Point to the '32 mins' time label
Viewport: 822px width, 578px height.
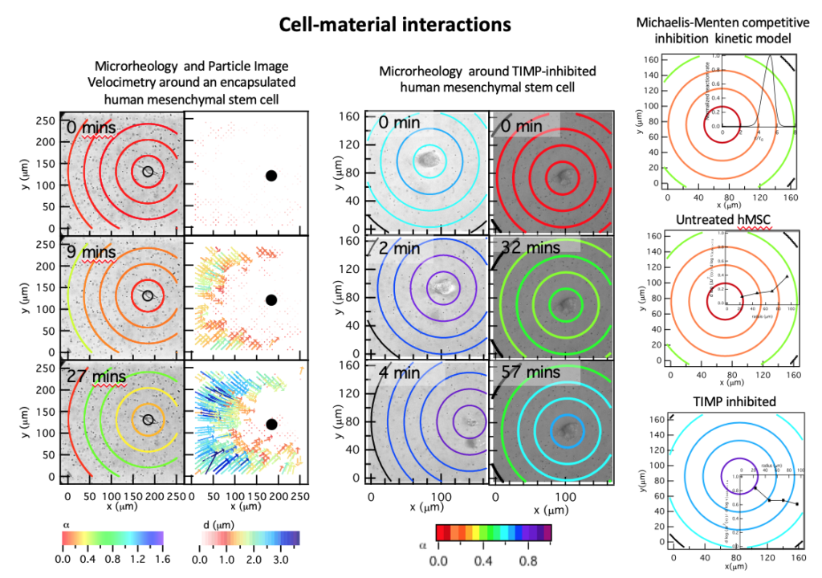pyautogui.click(x=531, y=250)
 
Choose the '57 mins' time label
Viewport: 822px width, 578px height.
pyautogui.click(x=531, y=372)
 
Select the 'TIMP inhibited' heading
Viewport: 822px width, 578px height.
pyautogui.click(x=721, y=401)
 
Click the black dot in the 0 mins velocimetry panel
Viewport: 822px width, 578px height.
pyautogui.click(x=271, y=176)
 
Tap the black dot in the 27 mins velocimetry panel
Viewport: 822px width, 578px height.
pyautogui.click(x=271, y=424)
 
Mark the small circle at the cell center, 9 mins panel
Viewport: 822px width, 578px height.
pyautogui.click(x=148, y=296)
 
